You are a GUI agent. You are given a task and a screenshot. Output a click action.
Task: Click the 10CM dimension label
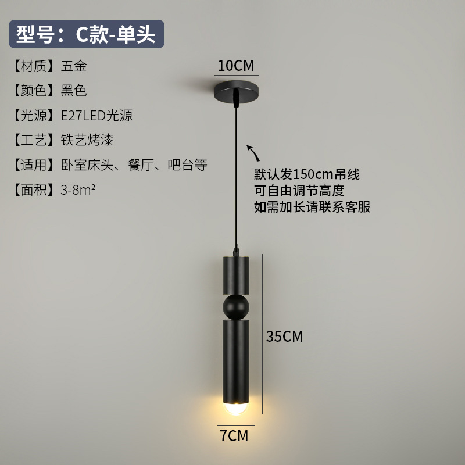point(235,66)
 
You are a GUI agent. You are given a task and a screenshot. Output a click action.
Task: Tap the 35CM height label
point(284,336)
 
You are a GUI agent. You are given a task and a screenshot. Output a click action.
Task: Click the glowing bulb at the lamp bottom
point(235,407)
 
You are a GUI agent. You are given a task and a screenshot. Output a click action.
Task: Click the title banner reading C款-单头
point(87,34)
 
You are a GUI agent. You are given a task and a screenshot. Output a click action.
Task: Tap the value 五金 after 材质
point(74,66)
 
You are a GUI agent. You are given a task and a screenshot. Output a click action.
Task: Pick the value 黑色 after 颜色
point(74,91)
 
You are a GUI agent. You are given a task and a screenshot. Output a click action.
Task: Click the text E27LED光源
point(96,115)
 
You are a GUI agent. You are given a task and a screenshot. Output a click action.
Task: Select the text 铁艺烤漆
point(87,140)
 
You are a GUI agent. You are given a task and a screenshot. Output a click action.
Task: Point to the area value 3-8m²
point(78,189)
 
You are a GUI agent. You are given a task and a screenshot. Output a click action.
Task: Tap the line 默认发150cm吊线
point(306,174)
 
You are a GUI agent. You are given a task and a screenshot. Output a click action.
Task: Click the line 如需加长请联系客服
point(312,206)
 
